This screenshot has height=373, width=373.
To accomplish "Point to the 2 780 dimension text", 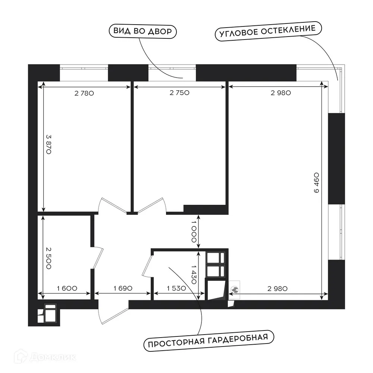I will coord(84,94).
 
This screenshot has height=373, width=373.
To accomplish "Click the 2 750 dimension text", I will coord(180,94).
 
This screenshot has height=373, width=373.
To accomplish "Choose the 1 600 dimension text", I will coord(67,288).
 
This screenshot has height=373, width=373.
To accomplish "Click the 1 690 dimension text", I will coord(122,288).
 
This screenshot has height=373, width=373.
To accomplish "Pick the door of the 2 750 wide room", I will coord(151,205).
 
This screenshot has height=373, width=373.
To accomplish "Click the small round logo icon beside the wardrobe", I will coord(235,289).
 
